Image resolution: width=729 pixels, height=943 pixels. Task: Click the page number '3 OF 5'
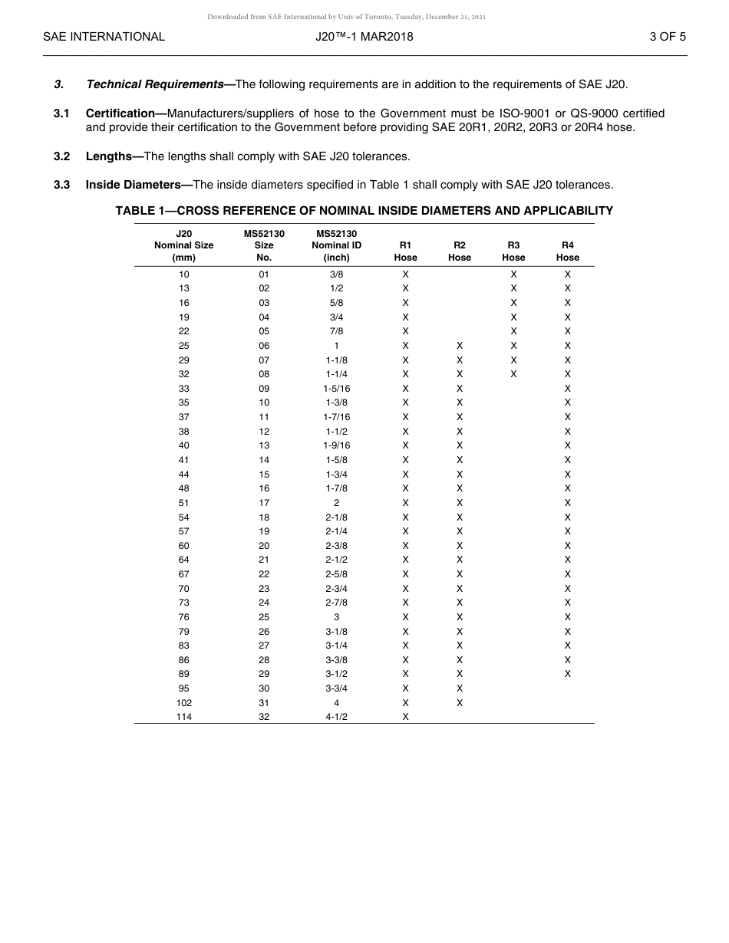(668, 36)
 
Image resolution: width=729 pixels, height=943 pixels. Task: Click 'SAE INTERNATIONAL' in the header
(104, 36)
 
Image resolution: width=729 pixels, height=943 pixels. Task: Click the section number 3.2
(62, 156)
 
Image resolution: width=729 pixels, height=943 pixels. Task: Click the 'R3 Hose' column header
(513, 251)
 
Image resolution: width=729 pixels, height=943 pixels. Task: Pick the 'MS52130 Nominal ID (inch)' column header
(336, 245)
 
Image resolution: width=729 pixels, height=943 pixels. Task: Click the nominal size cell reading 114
(184, 717)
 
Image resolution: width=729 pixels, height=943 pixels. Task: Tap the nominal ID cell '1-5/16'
(336, 389)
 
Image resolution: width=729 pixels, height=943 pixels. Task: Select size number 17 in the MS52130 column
(264, 503)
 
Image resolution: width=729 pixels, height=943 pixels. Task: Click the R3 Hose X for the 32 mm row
(513, 374)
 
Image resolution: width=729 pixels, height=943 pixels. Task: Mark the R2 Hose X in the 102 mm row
(460, 702)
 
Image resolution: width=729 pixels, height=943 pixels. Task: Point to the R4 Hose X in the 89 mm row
(568, 674)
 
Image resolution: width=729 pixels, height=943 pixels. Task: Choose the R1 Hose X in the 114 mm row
(405, 717)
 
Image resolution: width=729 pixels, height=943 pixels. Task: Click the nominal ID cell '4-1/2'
(336, 717)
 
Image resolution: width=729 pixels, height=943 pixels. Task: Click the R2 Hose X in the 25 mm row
(460, 346)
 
